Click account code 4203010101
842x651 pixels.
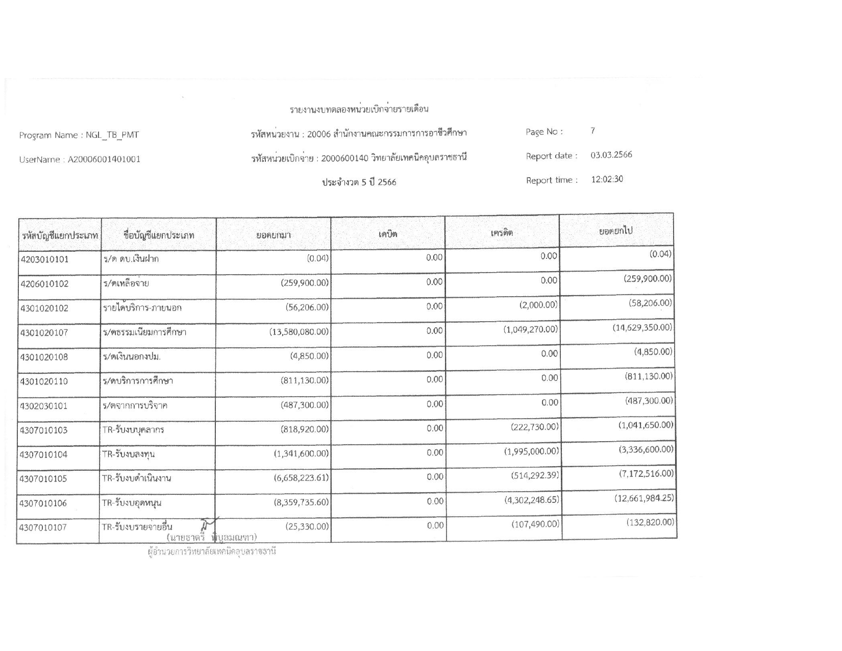45,259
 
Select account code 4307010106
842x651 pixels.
43,503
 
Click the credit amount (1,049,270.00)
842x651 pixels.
531,329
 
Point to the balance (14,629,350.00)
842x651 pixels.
642,327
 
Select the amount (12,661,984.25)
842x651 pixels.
644,498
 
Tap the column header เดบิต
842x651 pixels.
388,234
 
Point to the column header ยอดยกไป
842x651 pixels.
616,231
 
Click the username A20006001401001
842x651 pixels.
104,159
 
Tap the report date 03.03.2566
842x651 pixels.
611,155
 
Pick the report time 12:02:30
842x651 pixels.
607,179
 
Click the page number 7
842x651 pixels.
593,131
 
